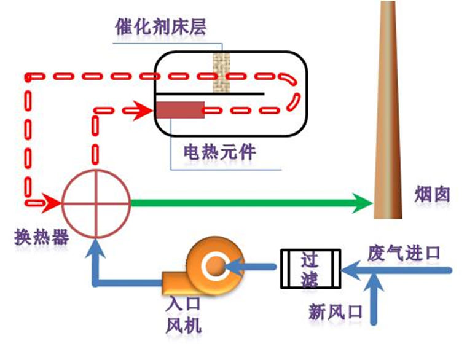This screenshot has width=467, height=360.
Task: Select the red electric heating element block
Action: click(179, 111)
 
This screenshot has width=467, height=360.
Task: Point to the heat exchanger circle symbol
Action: click(96, 203)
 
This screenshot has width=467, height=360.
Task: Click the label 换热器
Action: click(42, 237)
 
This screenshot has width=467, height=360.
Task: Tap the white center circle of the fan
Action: click(217, 266)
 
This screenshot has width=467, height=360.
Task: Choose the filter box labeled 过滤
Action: click(310, 269)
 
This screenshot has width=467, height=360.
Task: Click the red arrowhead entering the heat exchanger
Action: click(53, 202)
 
